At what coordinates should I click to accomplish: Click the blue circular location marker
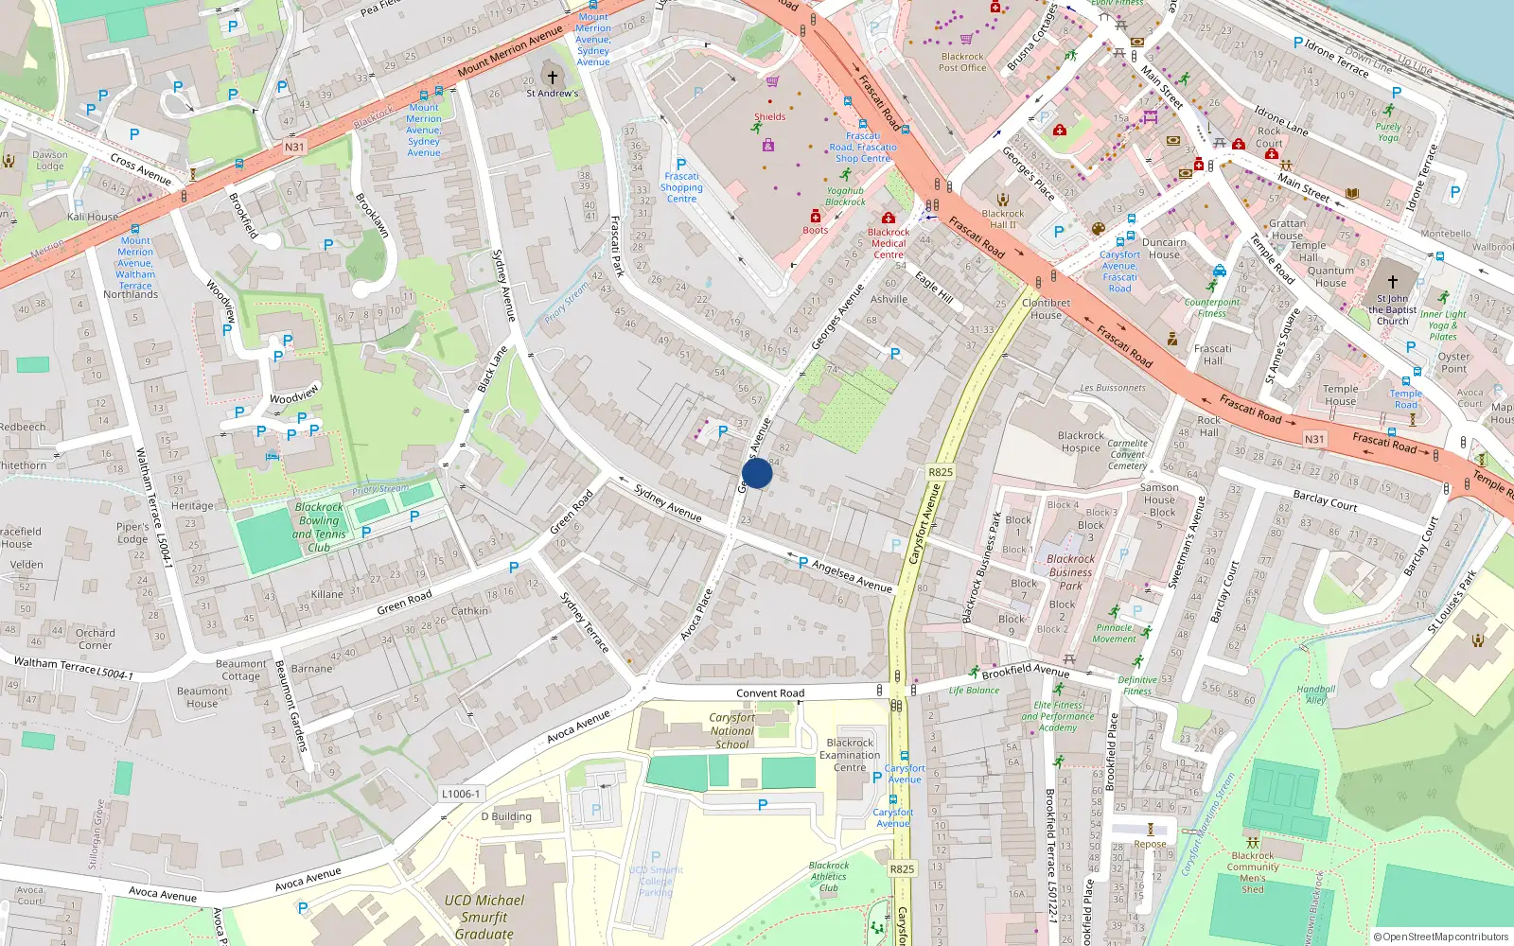pyautogui.click(x=757, y=473)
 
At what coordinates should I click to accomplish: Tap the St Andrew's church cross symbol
pyautogui.click(x=553, y=78)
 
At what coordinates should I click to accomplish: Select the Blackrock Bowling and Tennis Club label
pyautogui.click(x=319, y=527)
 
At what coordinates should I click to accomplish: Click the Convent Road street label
pyautogui.click(x=770, y=693)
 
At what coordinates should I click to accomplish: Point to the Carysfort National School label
pyautogui.click(x=731, y=730)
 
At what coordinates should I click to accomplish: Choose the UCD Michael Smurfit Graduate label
pyautogui.click(x=484, y=917)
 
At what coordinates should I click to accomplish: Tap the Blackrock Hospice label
pyautogui.click(x=1081, y=442)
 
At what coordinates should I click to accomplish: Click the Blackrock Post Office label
pyautogui.click(x=962, y=61)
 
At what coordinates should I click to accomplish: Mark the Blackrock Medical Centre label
pyautogui.click(x=889, y=243)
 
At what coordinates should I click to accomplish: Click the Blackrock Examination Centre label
pyautogui.click(x=850, y=755)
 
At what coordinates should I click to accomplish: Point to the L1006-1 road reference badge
pyautogui.click(x=461, y=794)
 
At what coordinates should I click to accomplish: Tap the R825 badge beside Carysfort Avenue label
pyautogui.click(x=940, y=472)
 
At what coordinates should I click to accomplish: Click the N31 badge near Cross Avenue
pyautogui.click(x=294, y=147)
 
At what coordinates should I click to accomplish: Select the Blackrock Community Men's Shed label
pyautogui.click(x=1253, y=871)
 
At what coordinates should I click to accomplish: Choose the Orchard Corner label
pyautogui.click(x=95, y=639)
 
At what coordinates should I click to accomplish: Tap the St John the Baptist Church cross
pyautogui.click(x=1392, y=282)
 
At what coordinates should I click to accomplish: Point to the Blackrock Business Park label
pyautogui.click(x=1070, y=571)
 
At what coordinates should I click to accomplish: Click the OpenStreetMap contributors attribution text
pyautogui.click(x=1441, y=937)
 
